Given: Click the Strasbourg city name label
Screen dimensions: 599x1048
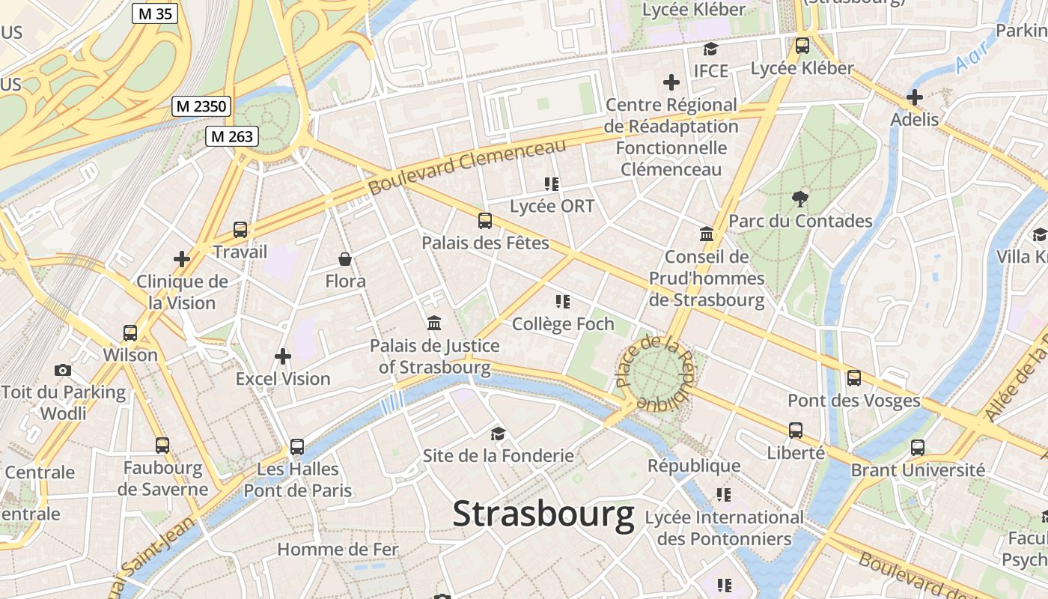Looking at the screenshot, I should tap(543, 515).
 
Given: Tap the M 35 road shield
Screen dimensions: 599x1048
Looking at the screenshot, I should tap(155, 13).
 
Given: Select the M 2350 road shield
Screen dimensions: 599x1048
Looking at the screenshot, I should tap(201, 106).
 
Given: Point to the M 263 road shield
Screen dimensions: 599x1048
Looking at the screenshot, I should tap(233, 136).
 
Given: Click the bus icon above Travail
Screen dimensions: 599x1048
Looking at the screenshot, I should tap(240, 229).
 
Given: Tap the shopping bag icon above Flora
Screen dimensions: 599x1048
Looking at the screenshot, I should tap(345, 259).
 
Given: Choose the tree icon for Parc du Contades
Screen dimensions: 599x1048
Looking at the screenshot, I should tap(800, 198).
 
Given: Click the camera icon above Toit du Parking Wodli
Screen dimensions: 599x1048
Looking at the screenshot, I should tap(63, 370).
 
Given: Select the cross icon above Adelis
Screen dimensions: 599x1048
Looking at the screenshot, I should tap(914, 97).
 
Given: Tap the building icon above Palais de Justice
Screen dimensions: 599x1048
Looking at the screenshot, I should tap(433, 323).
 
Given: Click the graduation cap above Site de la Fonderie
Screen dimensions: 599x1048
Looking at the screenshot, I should tap(498, 433).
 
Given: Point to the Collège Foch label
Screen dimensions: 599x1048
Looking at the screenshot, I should tap(563, 324).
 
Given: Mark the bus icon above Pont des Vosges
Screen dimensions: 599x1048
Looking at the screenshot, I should tap(854, 377).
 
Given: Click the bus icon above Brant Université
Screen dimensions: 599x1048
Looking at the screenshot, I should tap(918, 448).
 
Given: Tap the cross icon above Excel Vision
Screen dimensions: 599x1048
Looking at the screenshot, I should tap(282, 356).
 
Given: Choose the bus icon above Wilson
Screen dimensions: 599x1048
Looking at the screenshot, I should tap(130, 332).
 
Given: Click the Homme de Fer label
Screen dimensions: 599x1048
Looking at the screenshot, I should tap(338, 549).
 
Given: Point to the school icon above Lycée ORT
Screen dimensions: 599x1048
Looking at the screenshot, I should tap(552, 183).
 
